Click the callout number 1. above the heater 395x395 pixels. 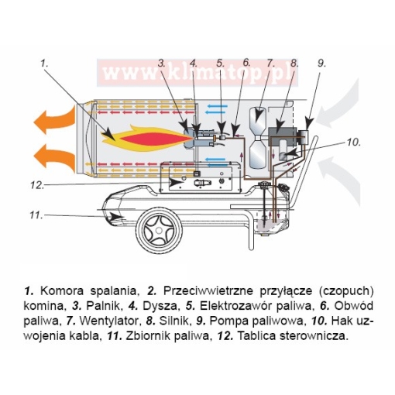[x=44, y=63]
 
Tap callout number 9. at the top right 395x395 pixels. [x=321, y=63]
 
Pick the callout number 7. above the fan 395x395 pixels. [x=270, y=63]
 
